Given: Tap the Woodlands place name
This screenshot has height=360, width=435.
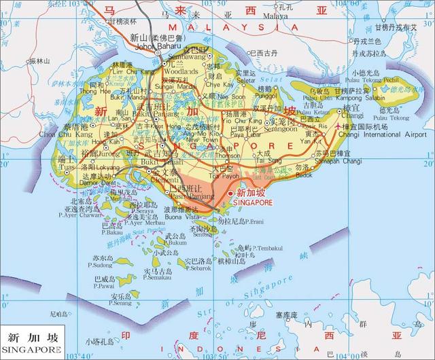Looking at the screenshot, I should click(180, 70).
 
